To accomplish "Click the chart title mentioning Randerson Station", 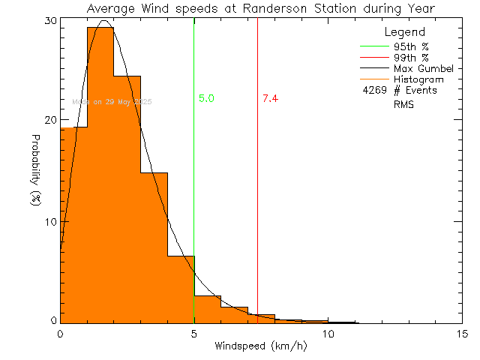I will (260, 8).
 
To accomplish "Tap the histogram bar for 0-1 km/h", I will (73, 225).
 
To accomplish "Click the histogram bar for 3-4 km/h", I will (154, 247).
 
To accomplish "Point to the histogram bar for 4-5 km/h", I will (181, 289).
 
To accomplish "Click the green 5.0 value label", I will (207, 98).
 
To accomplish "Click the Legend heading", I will (405, 32).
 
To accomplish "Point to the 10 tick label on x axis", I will (328, 333).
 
